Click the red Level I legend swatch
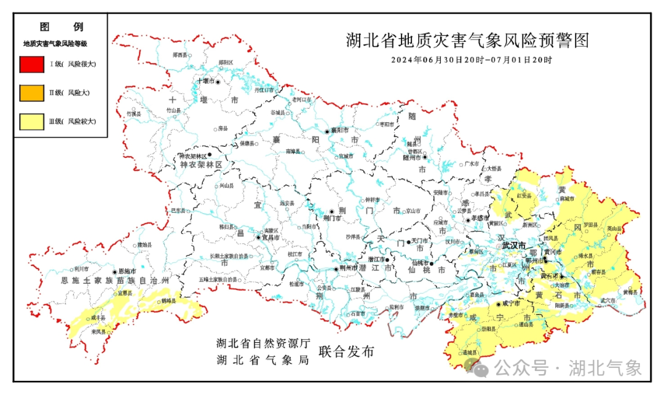point(31,64)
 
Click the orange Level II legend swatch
point(31,93)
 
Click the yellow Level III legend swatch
point(31,122)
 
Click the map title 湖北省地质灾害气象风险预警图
point(467,41)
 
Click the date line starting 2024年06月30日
point(472,60)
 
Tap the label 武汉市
point(513,245)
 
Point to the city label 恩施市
point(127,271)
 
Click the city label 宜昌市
point(271,237)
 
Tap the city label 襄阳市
point(339,130)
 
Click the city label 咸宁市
point(511,303)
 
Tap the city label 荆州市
point(349,268)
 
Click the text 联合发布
point(346,352)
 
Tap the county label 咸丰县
point(98,318)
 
